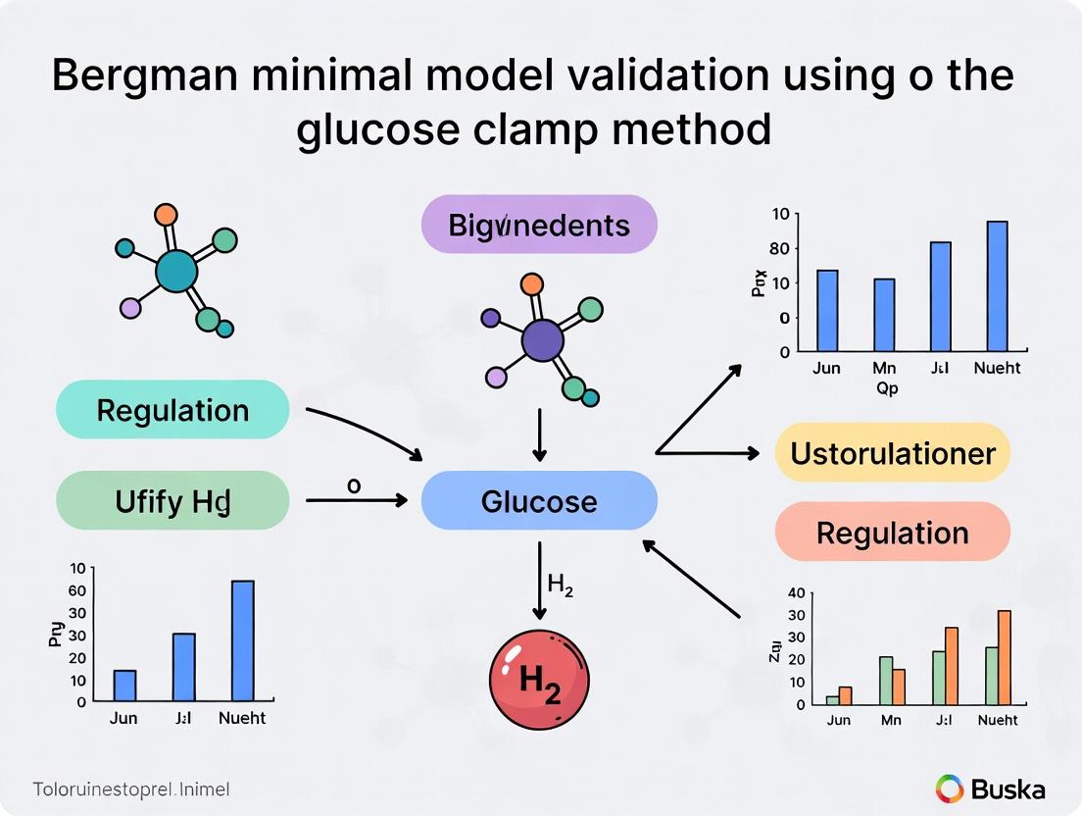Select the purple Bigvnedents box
tap(539, 226)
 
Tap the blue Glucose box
tap(539, 501)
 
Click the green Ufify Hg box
tap(173, 501)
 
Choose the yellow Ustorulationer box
tap(892, 453)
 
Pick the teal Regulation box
tap(173, 410)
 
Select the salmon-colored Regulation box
tap(892, 534)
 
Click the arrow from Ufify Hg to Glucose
tap(357, 501)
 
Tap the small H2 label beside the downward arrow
tap(561, 586)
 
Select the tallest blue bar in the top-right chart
tap(997, 286)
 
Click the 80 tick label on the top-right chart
tap(780, 248)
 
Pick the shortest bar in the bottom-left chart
tap(124, 686)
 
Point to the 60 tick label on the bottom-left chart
tap(76, 590)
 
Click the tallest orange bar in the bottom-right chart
tap(1004, 657)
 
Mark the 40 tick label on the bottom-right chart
tap(796, 593)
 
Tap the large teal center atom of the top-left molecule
tap(176, 270)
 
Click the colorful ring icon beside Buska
tap(950, 789)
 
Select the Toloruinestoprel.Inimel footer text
tap(130, 789)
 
